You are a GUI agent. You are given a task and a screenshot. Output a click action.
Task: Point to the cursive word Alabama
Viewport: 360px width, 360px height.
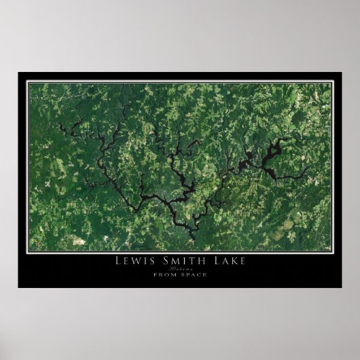coord(180,268)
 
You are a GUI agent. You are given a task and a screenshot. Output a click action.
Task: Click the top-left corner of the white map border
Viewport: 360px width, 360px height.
coord(27,82)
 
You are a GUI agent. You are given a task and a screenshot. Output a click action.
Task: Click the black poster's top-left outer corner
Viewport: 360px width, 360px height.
coord(18,73)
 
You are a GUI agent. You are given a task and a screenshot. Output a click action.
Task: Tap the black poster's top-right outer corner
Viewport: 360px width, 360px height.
coord(342,73)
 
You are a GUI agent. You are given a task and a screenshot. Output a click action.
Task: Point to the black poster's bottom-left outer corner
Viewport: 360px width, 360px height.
coord(18,287)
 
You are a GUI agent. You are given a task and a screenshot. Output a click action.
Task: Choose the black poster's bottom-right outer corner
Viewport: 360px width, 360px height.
coord(342,287)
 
